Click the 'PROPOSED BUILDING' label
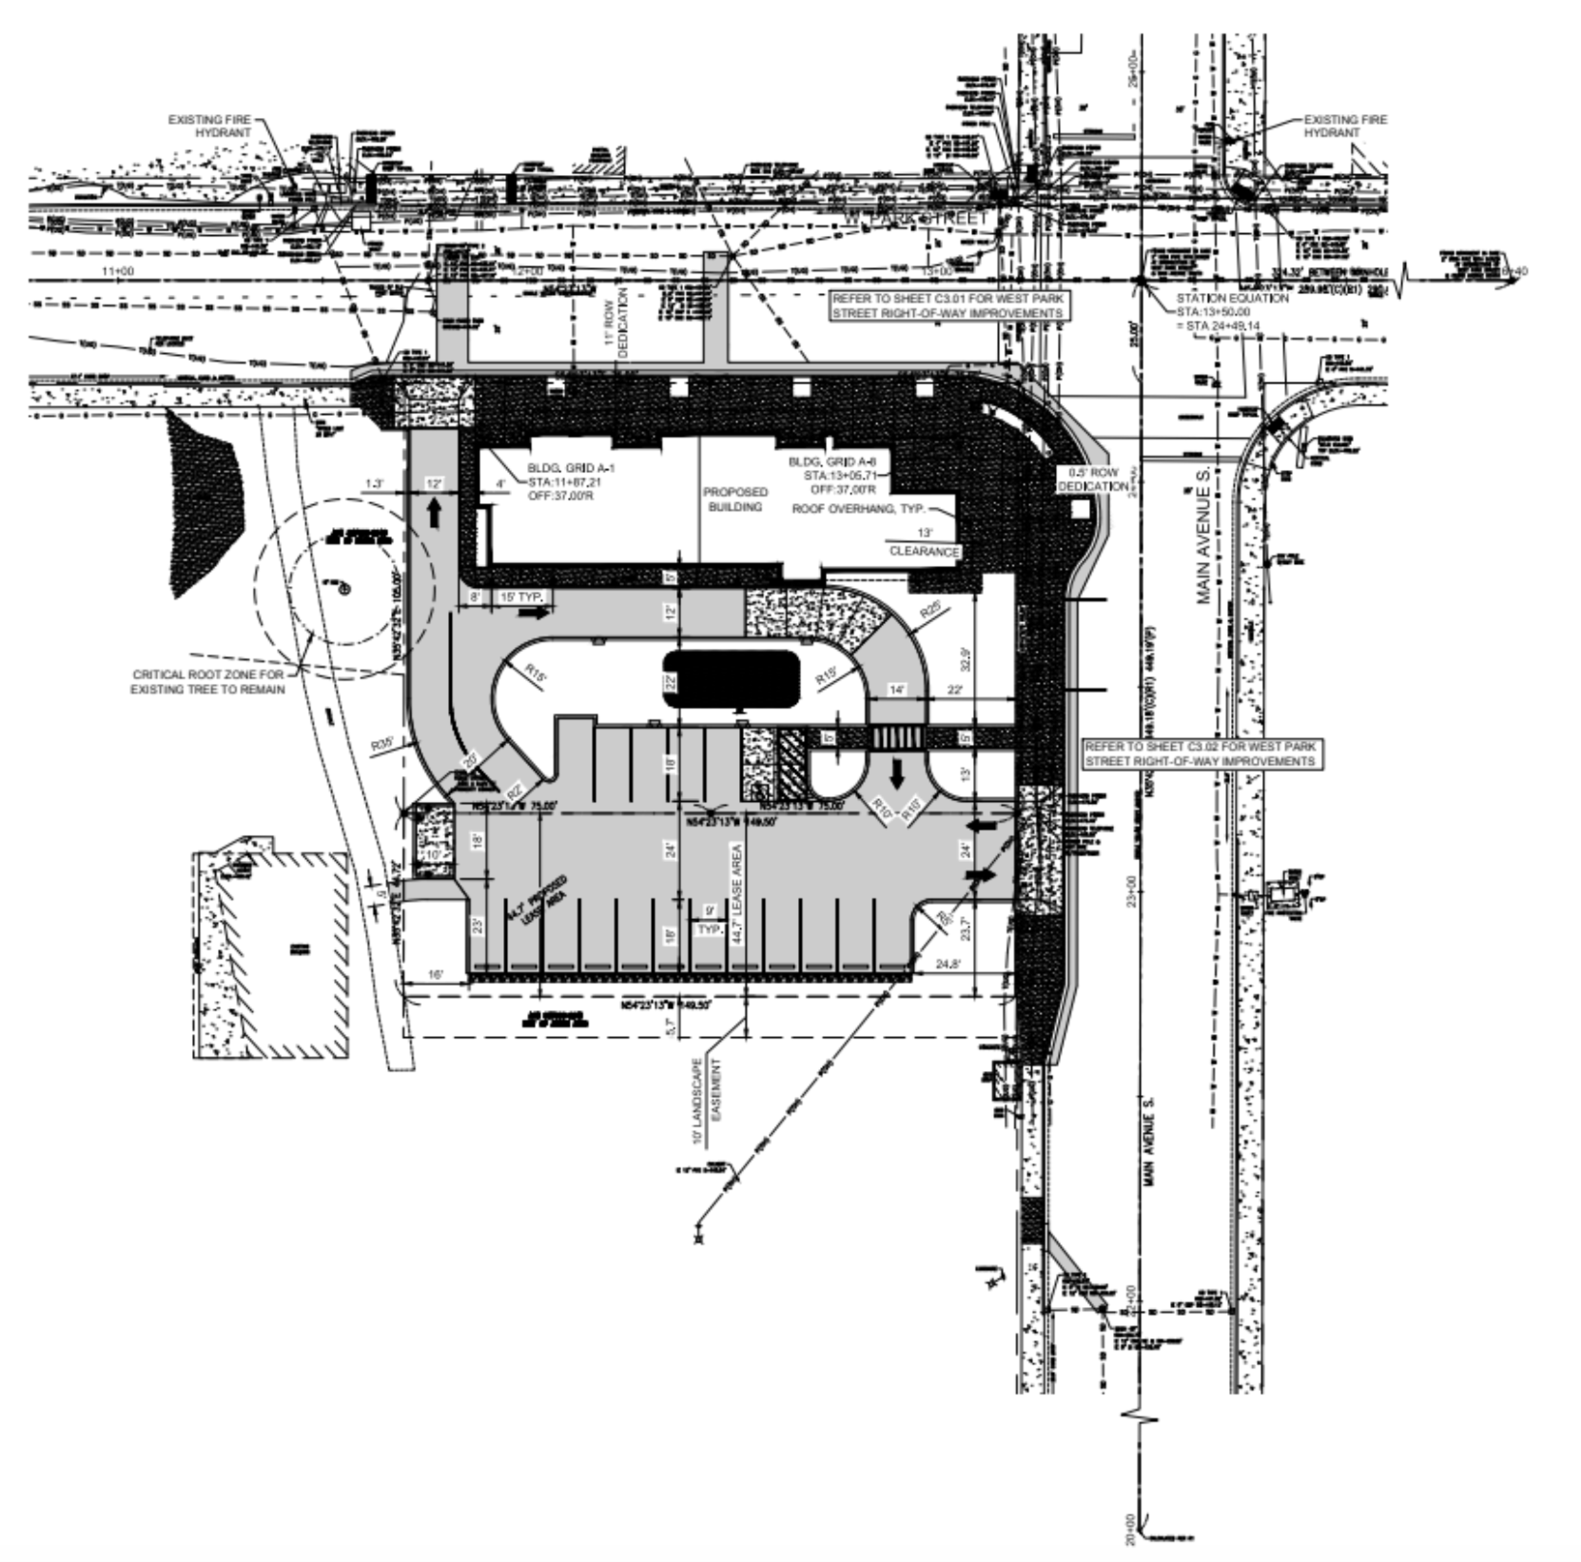click(735, 499)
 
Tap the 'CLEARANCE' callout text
click(923, 552)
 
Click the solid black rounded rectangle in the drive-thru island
click(731, 679)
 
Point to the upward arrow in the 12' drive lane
click(435, 514)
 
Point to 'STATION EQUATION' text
click(1232, 298)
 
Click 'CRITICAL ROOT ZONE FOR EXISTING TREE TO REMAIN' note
click(207, 682)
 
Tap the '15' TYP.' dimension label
click(522, 596)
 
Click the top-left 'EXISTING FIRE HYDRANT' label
click(209, 126)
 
